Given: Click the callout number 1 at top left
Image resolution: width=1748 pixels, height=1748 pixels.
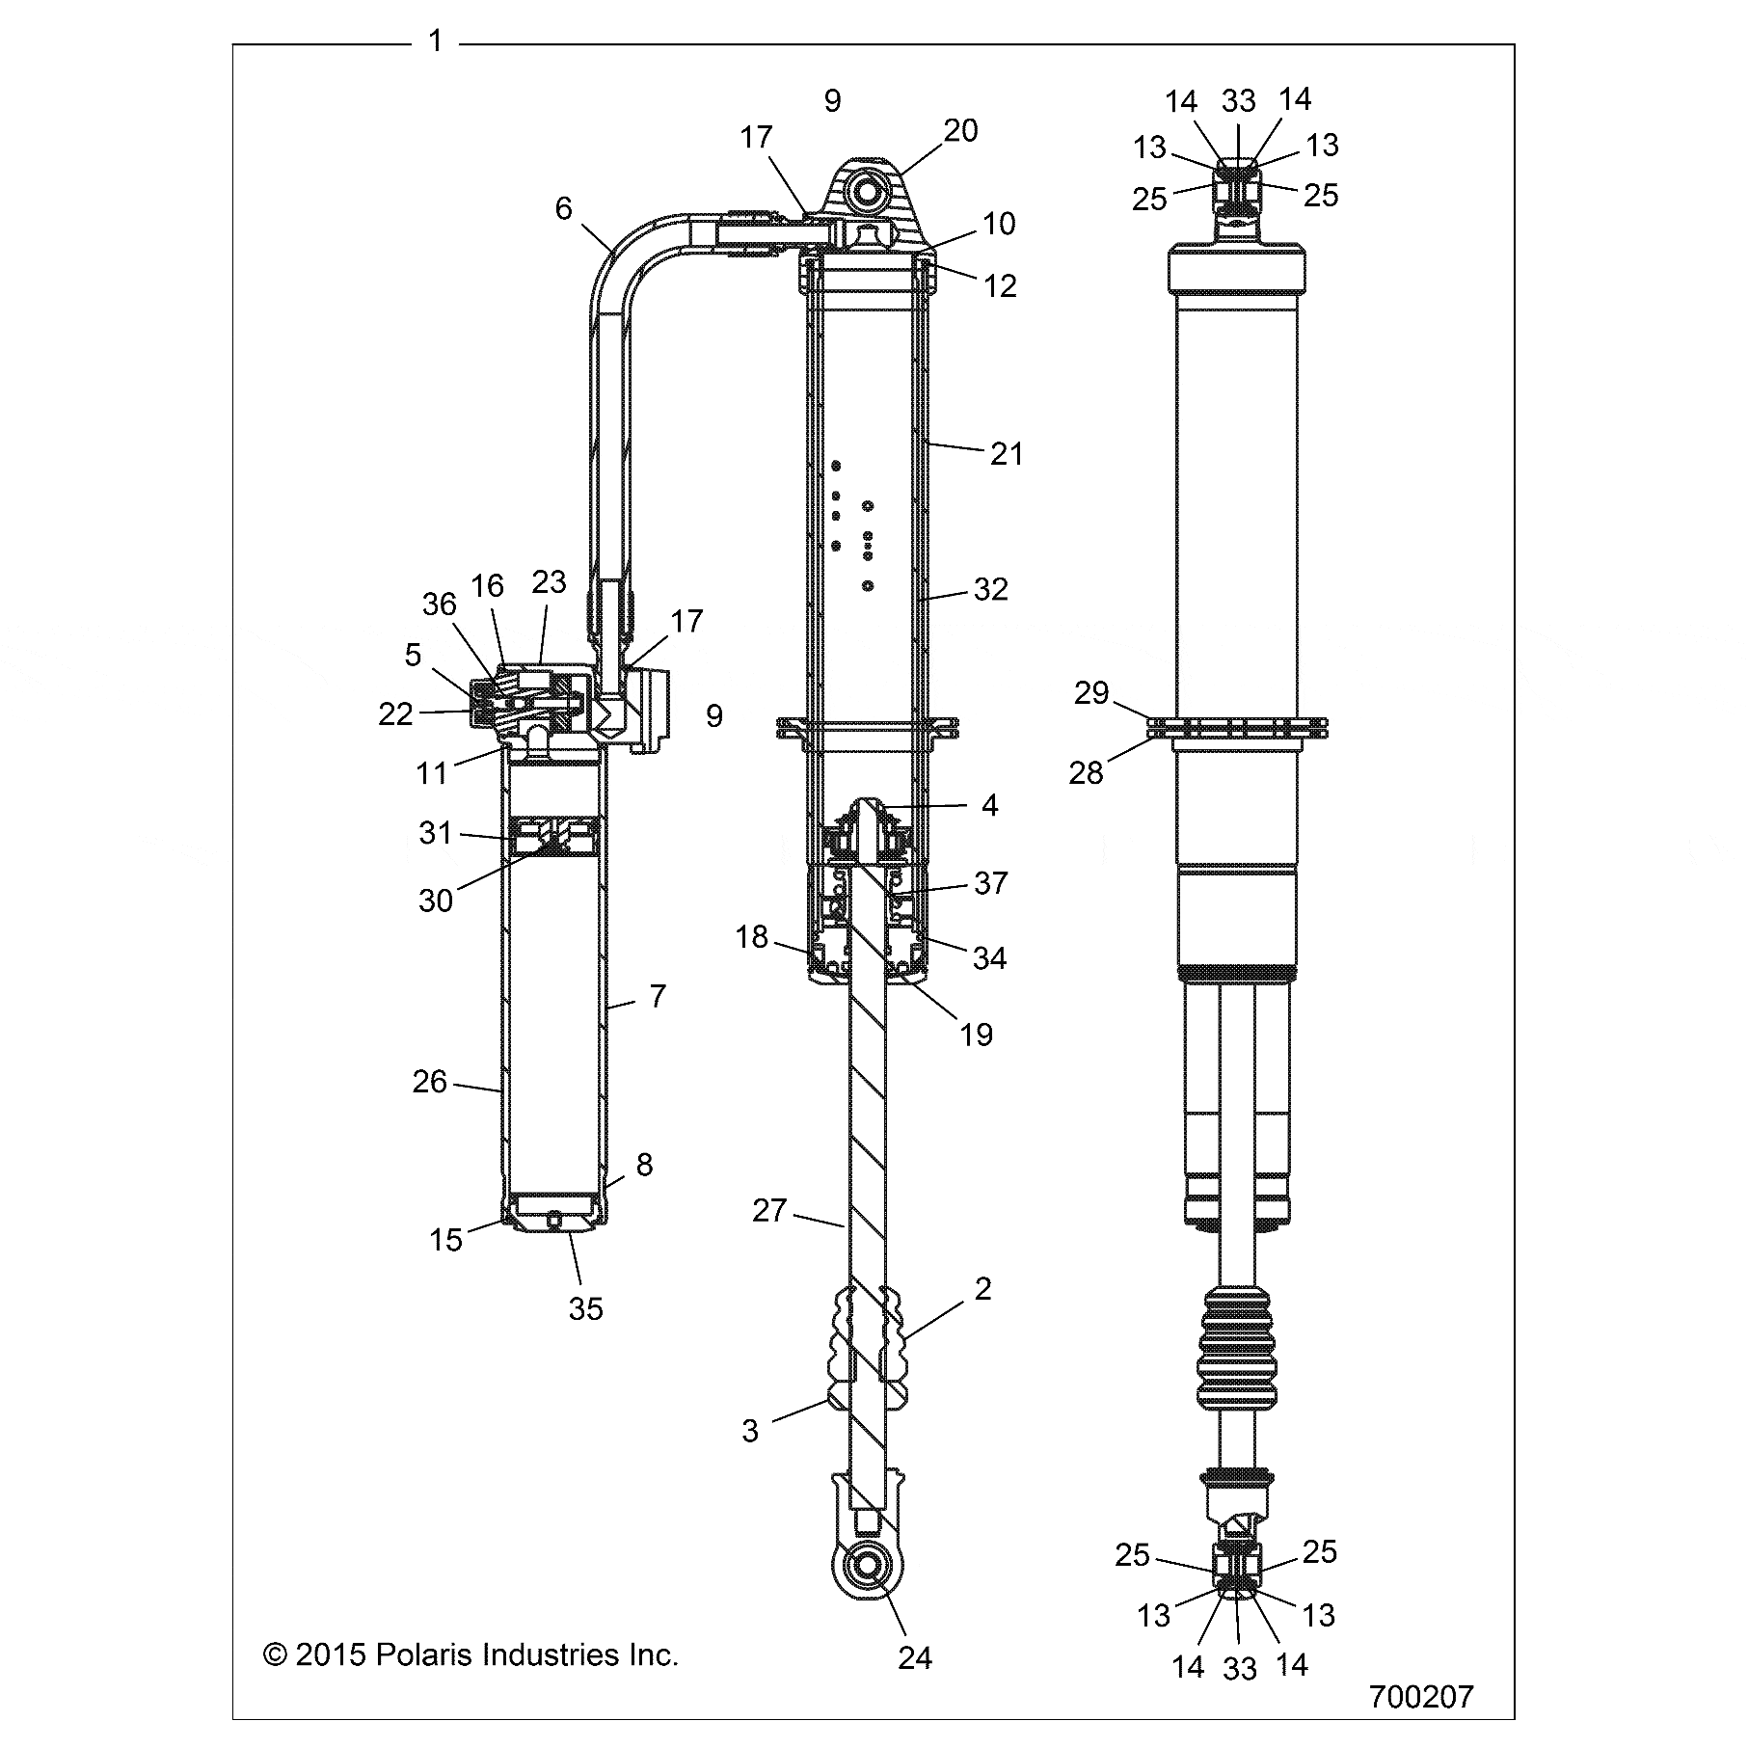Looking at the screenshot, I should pos(436,41).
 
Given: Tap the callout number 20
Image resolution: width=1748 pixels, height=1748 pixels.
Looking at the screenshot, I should pos(960,130).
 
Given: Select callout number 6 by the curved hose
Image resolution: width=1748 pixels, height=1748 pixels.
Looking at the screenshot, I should pos(563,208).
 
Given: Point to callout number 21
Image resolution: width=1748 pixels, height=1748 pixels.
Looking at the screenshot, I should pos(1007,453).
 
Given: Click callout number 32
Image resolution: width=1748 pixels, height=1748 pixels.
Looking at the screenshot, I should pos(991,589).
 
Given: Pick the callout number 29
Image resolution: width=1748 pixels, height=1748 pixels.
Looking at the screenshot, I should pos(1091,692).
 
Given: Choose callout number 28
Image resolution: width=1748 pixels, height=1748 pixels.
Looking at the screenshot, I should pos(1086,772).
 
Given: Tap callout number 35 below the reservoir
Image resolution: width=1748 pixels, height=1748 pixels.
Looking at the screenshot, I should pos(586,1308).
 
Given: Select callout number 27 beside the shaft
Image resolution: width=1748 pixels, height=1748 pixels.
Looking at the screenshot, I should pos(769,1210).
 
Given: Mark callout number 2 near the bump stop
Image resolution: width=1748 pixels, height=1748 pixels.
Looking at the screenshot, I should pos(982,1288).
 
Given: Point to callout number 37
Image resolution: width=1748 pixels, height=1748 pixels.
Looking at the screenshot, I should pos(991,882).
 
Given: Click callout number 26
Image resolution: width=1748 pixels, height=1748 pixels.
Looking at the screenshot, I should pos(430,1082).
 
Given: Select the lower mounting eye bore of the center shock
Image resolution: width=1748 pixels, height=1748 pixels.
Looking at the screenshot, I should pos(866,1566).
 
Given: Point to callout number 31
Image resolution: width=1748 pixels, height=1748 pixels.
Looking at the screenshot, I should pos(436,832).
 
